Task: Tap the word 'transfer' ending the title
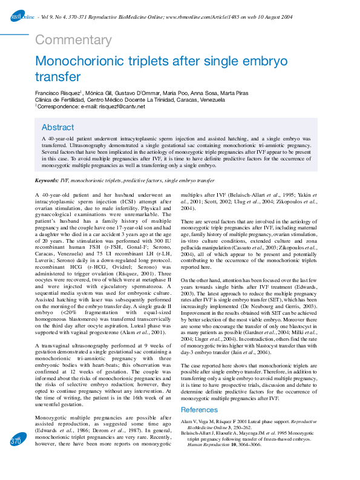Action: pyautogui.click(x=58, y=77)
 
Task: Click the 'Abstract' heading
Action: pyautogui.click(x=58, y=128)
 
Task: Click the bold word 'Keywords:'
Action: pyautogui.click(x=47, y=181)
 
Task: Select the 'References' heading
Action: pyautogui.click(x=200, y=410)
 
